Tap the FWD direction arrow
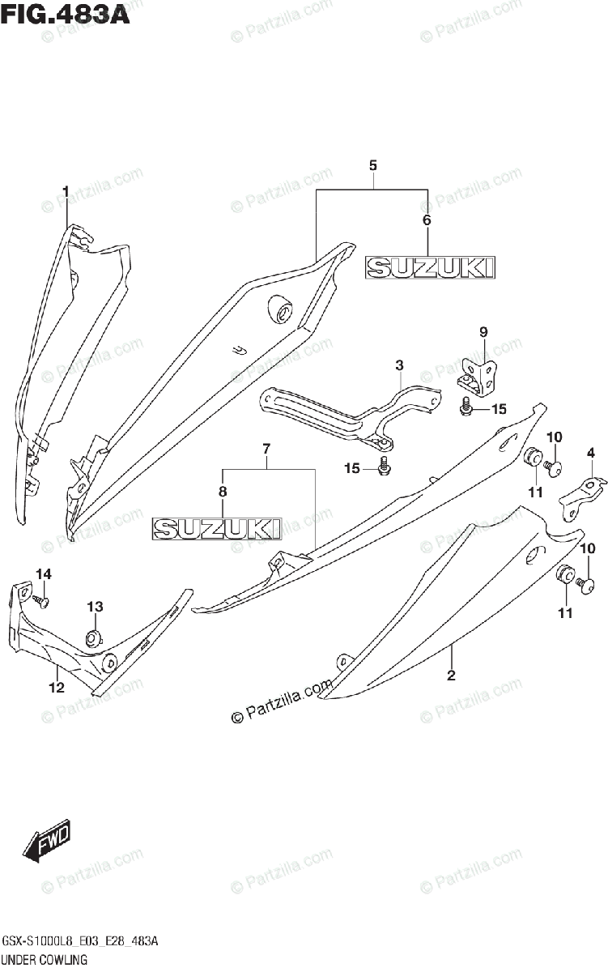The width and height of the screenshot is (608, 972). pyautogui.click(x=48, y=842)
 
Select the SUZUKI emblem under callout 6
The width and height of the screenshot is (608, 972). pyautogui.click(x=430, y=267)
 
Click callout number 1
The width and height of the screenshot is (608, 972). pyautogui.click(x=66, y=191)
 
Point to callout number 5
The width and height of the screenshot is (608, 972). pyautogui.click(x=372, y=165)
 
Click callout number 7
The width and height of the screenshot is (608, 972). pyautogui.click(x=266, y=448)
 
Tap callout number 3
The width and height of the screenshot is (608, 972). pyautogui.click(x=399, y=366)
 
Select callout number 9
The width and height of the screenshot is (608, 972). pyautogui.click(x=483, y=330)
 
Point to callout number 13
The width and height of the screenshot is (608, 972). pyautogui.click(x=96, y=606)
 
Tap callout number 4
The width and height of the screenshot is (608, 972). pyautogui.click(x=591, y=452)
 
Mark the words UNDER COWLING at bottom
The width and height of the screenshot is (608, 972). pyautogui.click(x=45, y=960)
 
